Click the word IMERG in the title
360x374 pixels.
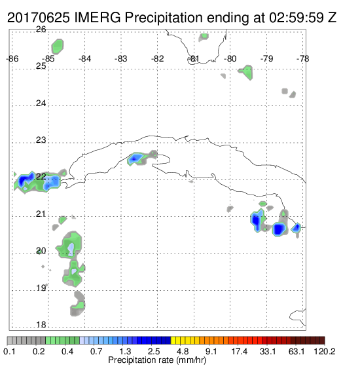tap(98, 18)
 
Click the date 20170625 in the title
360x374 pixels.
tap(39, 18)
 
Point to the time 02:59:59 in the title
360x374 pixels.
tap(297, 18)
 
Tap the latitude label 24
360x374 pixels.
tap(41, 103)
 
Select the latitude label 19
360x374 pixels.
tap(41, 288)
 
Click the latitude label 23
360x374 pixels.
tap(41, 140)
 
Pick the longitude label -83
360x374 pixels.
tap(121, 58)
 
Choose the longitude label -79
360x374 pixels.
tap(266, 58)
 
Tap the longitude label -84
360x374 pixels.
tap(84, 58)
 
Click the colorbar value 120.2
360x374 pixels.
tap(325, 351)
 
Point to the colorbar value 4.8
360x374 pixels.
tap(183, 351)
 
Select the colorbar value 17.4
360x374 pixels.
tap(240, 351)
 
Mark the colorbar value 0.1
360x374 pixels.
tap(9, 351)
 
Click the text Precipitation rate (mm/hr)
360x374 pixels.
tap(157, 360)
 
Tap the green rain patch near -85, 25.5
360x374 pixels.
tap(58, 47)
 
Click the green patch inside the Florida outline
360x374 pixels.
tap(204, 36)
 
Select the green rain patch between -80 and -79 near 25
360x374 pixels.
tap(247, 72)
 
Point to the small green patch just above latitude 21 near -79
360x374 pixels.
tap(262, 204)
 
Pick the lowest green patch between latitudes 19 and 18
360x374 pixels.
tap(79, 305)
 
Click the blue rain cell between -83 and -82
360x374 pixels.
tap(135, 158)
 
